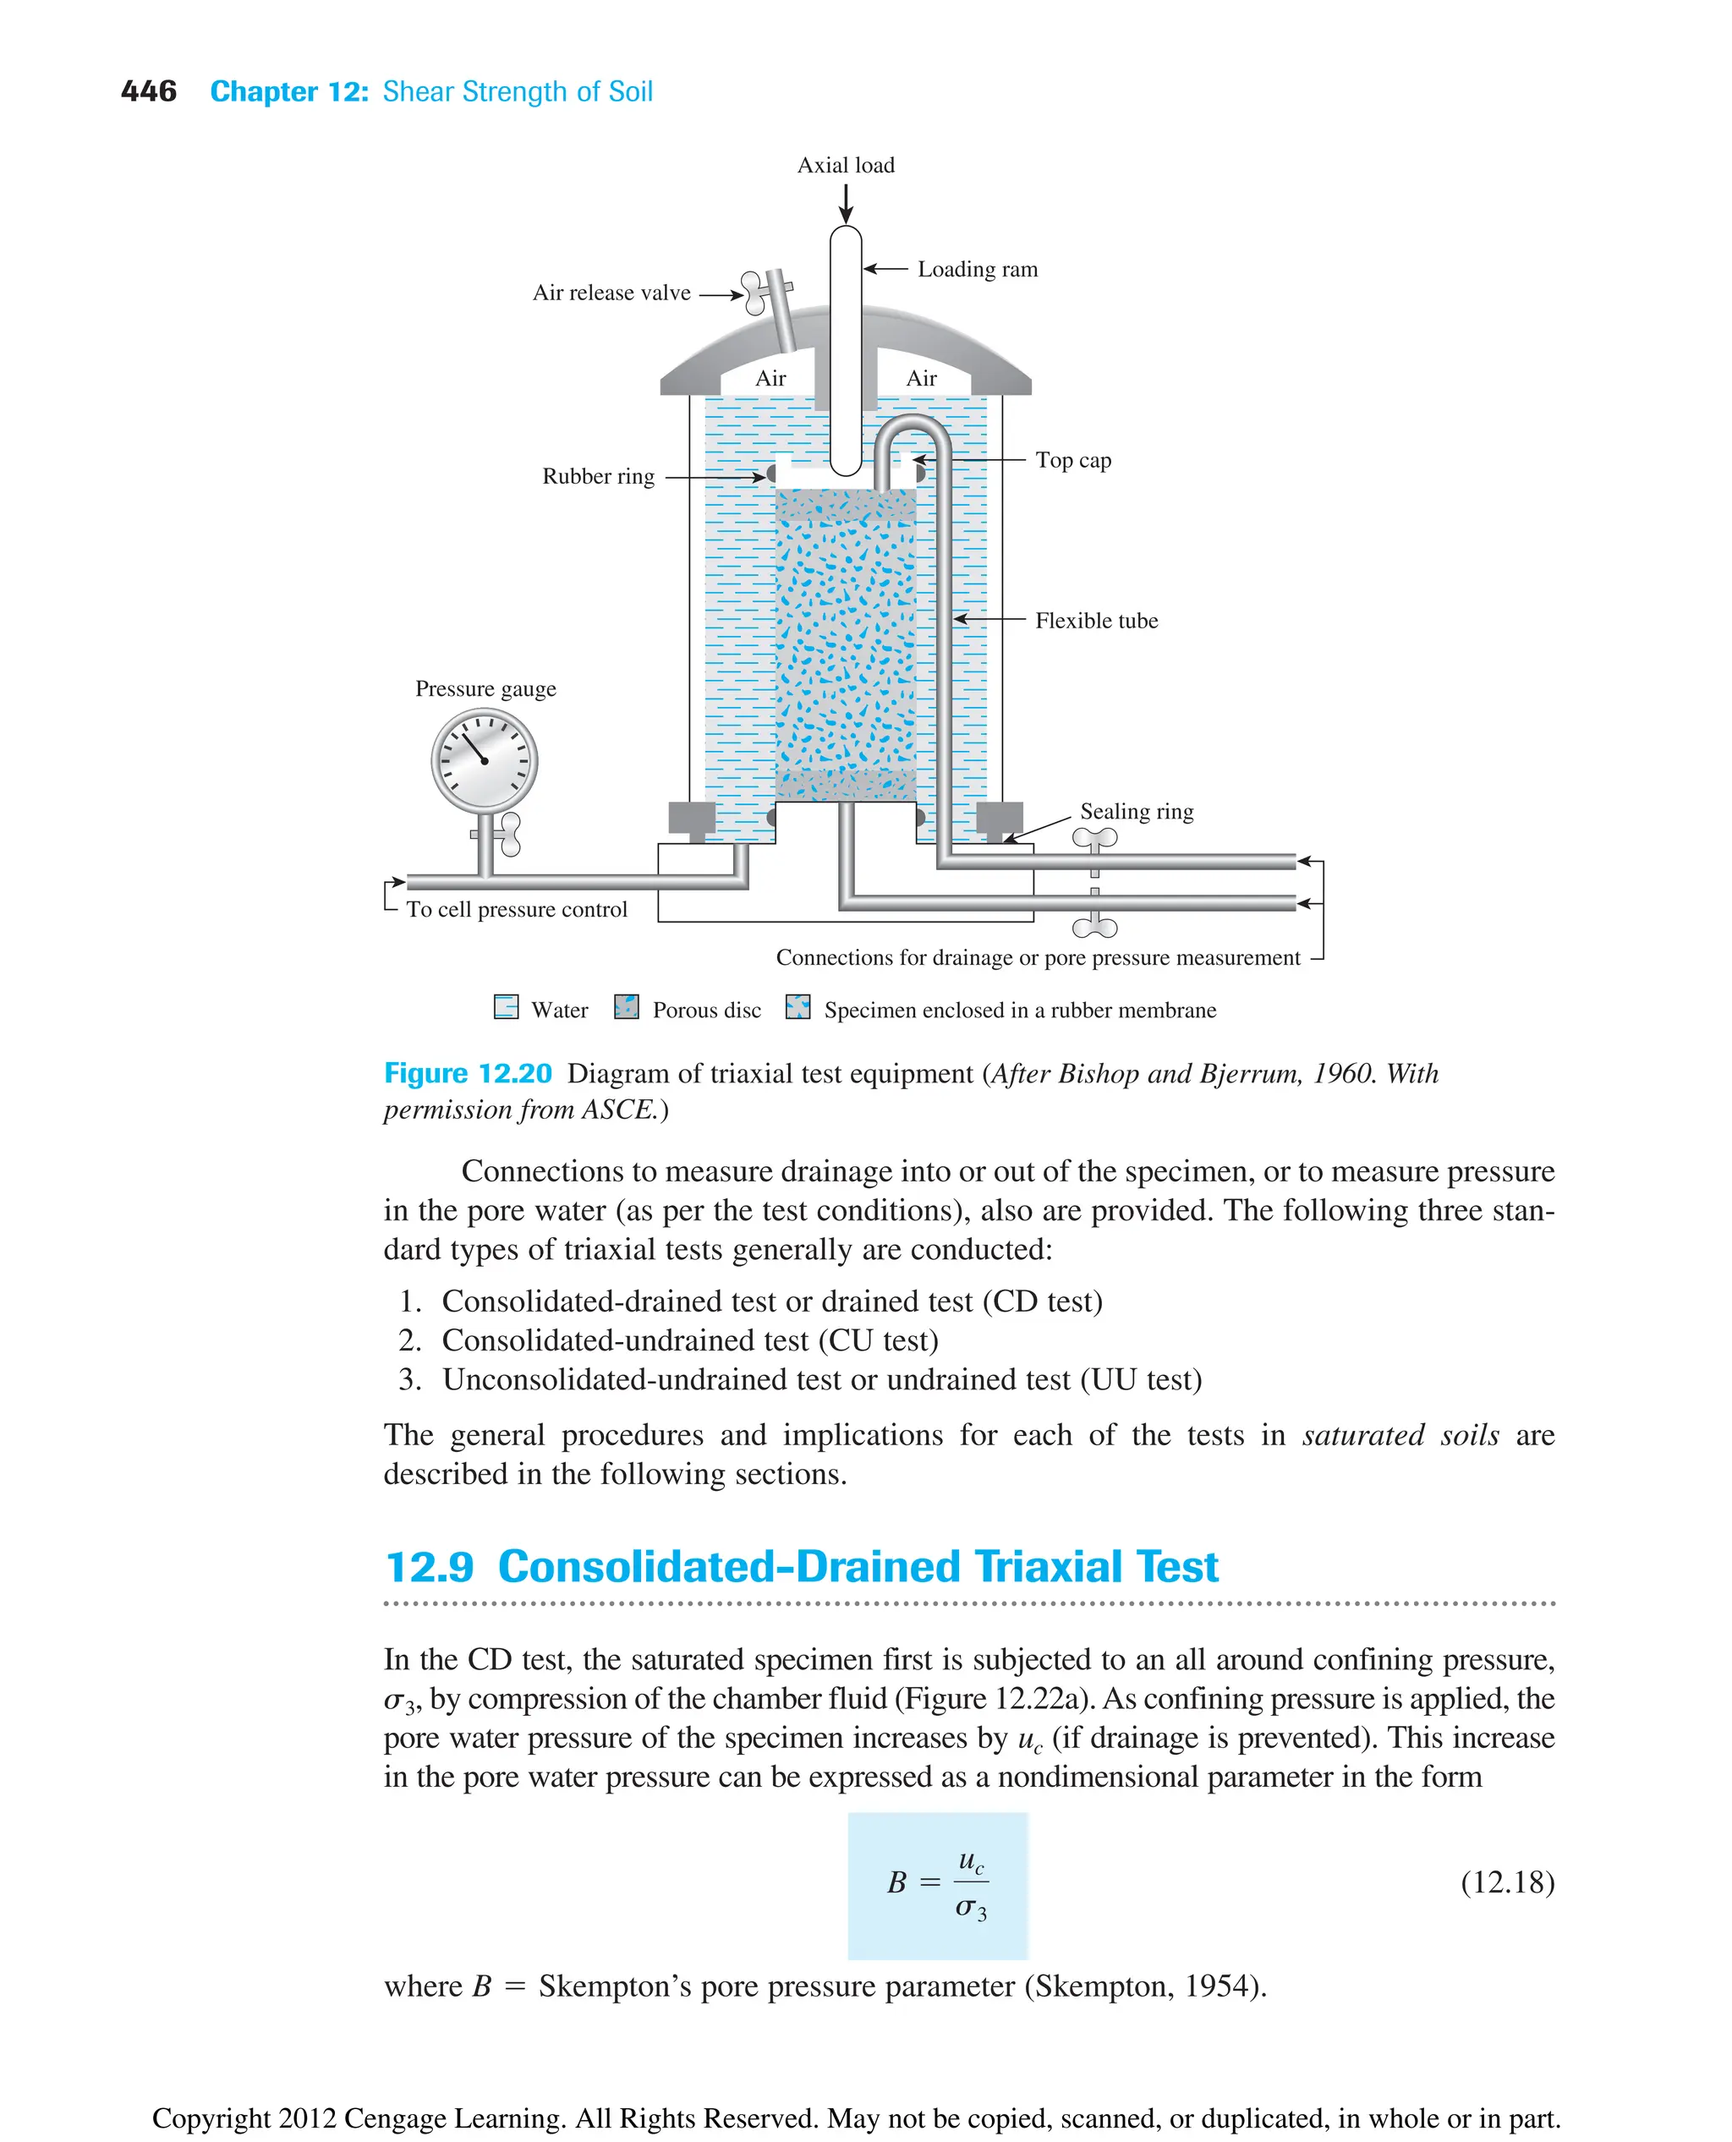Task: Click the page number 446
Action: [149, 92]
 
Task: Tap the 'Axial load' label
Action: [845, 166]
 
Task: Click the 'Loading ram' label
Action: [977, 270]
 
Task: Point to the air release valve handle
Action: [755, 291]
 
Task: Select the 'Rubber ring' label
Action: [598, 477]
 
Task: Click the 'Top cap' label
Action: [1072, 460]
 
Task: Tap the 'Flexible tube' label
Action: [1095, 621]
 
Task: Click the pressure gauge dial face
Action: [484, 761]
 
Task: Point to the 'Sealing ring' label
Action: [1136, 811]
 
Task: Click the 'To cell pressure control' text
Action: [516, 909]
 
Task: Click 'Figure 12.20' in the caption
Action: [467, 1073]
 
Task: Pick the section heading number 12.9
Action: [429, 1567]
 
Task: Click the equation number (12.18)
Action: [1506, 1882]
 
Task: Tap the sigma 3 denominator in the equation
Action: [970, 1909]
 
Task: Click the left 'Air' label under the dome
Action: [770, 378]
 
